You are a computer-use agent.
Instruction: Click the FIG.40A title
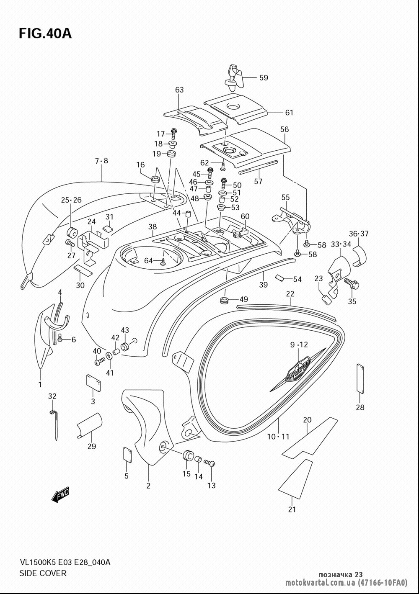[45, 33]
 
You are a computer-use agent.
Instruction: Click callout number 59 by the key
[263, 77]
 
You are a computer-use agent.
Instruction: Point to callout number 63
[179, 90]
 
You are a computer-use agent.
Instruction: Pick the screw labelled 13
[209, 463]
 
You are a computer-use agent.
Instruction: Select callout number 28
[360, 407]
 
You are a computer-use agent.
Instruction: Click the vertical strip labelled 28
[360, 378]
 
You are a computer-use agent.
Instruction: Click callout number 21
[292, 509]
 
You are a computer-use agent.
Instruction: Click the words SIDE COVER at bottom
[43, 573]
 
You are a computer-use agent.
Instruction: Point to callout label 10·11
[278, 437]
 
